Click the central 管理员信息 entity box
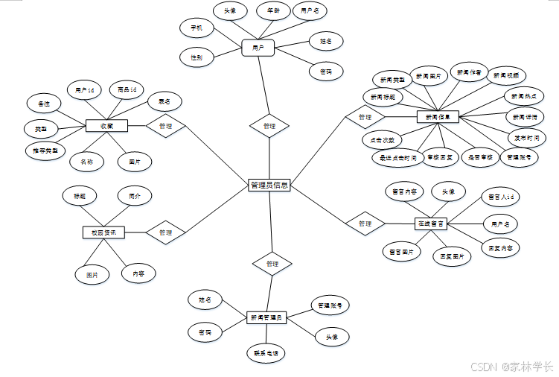(x=269, y=185)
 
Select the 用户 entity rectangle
(x=258, y=48)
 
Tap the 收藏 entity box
(x=107, y=126)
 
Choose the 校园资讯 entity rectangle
(x=103, y=232)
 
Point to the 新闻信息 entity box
(x=438, y=116)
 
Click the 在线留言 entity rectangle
(x=429, y=223)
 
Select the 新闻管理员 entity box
(x=266, y=317)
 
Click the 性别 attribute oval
(x=197, y=57)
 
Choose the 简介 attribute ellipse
(x=135, y=196)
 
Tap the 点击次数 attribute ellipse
(x=382, y=139)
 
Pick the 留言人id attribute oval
(x=499, y=197)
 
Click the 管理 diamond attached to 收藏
(x=165, y=127)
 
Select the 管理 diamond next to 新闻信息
(x=364, y=117)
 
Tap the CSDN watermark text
(x=513, y=367)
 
